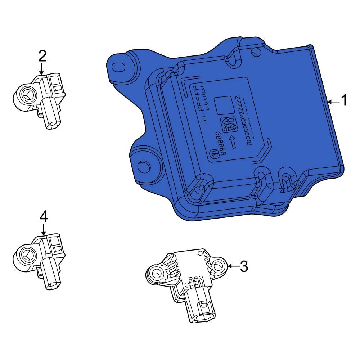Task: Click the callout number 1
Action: [x=344, y=101]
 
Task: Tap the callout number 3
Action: [x=244, y=267]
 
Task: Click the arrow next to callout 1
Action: [x=333, y=102]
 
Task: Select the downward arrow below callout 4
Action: [x=43, y=229]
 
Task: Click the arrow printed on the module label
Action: [x=233, y=142]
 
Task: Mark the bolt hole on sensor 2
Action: [x=26, y=95]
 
